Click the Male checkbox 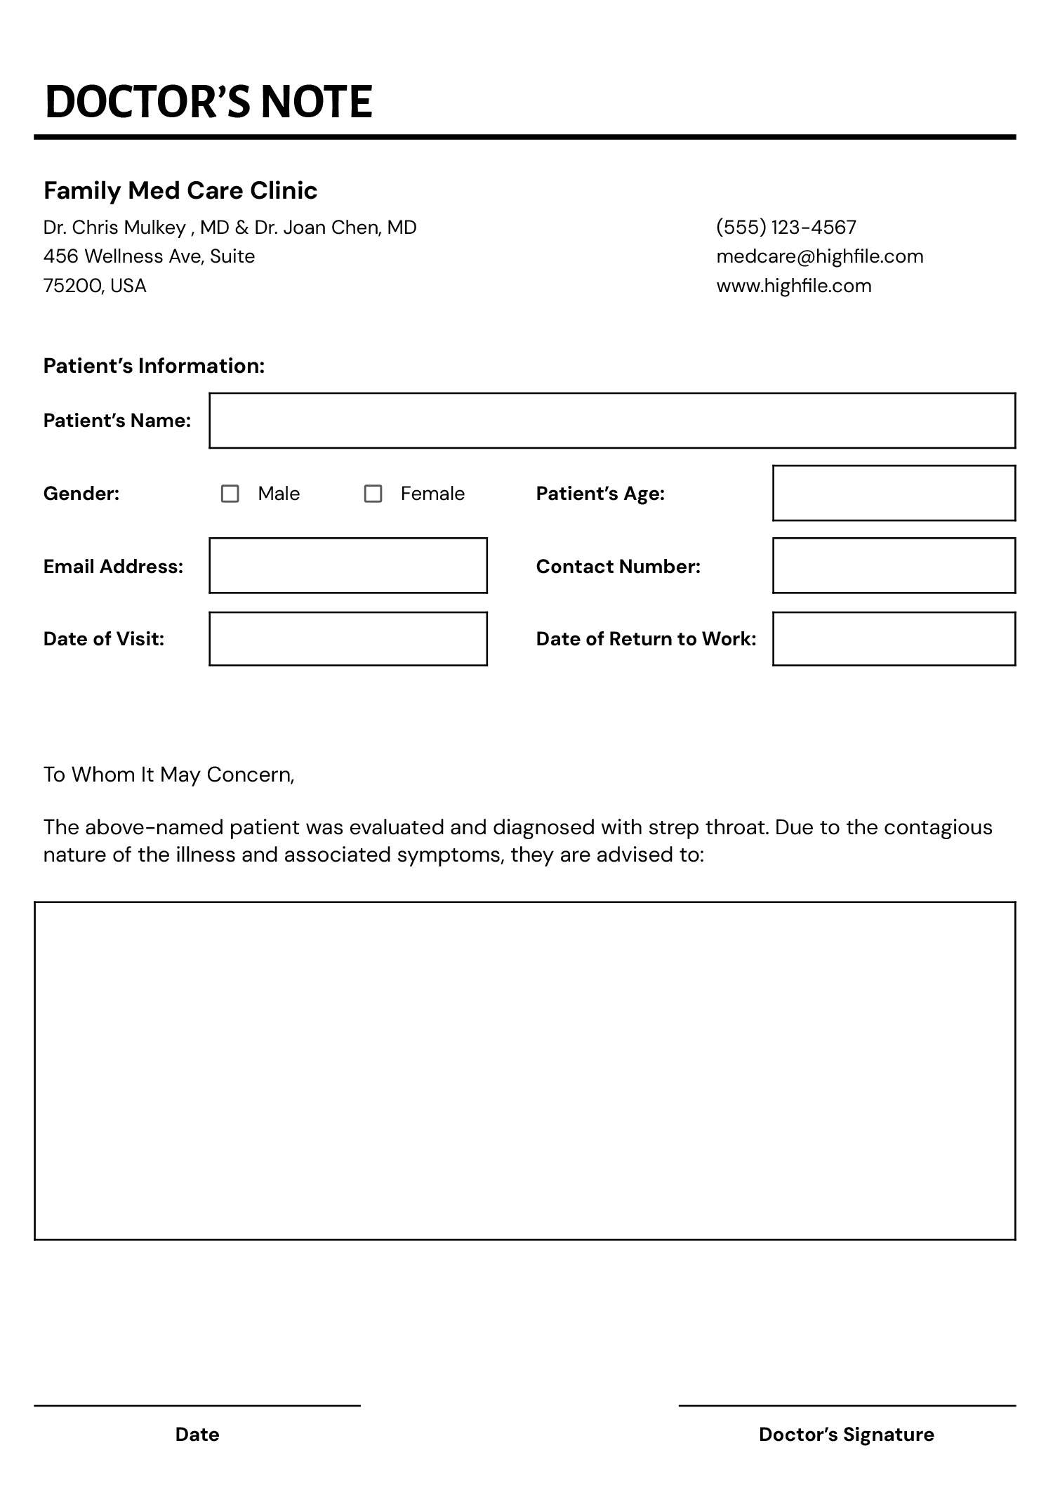coord(230,494)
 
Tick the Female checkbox coord(373,494)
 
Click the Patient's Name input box coord(611,421)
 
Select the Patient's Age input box coord(893,493)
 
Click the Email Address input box coord(347,566)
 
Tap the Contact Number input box coord(893,566)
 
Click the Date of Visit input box coord(347,639)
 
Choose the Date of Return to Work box coord(893,639)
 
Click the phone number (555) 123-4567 coord(786,228)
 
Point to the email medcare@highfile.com coord(819,256)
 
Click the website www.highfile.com coord(793,286)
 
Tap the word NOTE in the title coord(316,102)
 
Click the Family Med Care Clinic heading coord(180,190)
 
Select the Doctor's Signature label coord(846,1435)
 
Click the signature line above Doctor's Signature coord(846,1406)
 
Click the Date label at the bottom coord(197,1435)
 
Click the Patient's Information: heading coord(154,366)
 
